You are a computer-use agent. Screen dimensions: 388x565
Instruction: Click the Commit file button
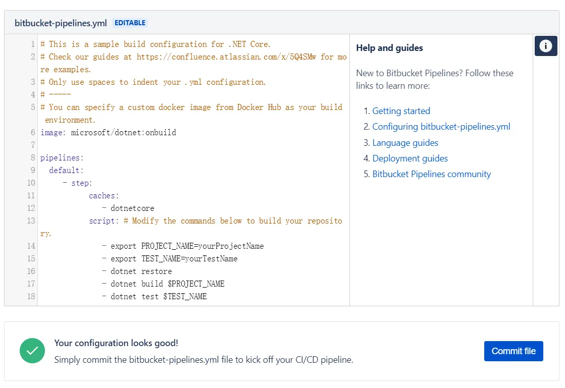(513, 351)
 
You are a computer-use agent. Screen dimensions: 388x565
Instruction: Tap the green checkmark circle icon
(32, 351)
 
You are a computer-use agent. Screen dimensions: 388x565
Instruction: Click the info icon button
(545, 46)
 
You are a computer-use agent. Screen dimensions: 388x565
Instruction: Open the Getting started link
(401, 111)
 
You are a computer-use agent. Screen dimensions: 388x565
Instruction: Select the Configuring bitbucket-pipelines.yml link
(441, 127)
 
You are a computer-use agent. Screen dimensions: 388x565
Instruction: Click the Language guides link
(405, 143)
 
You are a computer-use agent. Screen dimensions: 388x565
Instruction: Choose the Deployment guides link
(410, 158)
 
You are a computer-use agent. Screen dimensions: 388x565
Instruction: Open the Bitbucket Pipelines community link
(431, 174)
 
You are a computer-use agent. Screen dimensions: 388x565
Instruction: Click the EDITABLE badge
(130, 23)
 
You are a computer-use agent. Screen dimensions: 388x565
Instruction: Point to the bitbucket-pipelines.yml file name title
(61, 23)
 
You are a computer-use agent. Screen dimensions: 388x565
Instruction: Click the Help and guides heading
(389, 48)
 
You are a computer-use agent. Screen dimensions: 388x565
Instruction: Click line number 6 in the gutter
(33, 133)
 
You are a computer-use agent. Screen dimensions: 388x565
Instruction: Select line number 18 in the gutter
(31, 297)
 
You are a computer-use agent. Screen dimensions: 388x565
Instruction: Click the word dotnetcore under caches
(132, 208)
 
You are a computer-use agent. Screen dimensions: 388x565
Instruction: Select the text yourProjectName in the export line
(231, 246)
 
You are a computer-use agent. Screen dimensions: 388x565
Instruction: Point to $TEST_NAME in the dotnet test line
(185, 297)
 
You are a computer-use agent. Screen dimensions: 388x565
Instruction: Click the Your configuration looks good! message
(116, 343)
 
